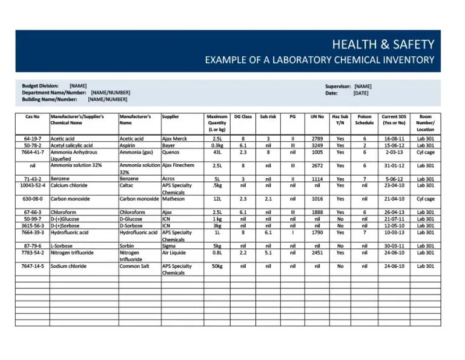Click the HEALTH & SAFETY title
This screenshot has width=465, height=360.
pos(383,44)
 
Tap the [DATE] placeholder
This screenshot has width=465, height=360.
pos(361,93)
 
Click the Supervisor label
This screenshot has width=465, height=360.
pos(338,87)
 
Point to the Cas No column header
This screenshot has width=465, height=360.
pos(33,116)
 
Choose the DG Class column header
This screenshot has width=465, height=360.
pos(243,116)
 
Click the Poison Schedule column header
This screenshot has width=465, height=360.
pos(364,119)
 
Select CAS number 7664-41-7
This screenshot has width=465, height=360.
pos(33,152)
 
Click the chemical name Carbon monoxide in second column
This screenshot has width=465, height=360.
pos(70,199)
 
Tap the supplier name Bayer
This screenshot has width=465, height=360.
pos(169,145)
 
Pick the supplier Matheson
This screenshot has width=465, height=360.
pos(174,199)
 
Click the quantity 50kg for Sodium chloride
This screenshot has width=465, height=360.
pos(217,266)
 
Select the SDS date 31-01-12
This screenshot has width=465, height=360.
pos(394,165)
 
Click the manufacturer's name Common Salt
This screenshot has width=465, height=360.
pos(134,266)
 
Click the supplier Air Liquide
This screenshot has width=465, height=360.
pos(174,253)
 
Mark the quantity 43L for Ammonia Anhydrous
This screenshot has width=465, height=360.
pos(217,152)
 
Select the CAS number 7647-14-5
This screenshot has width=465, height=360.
pos(33,266)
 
